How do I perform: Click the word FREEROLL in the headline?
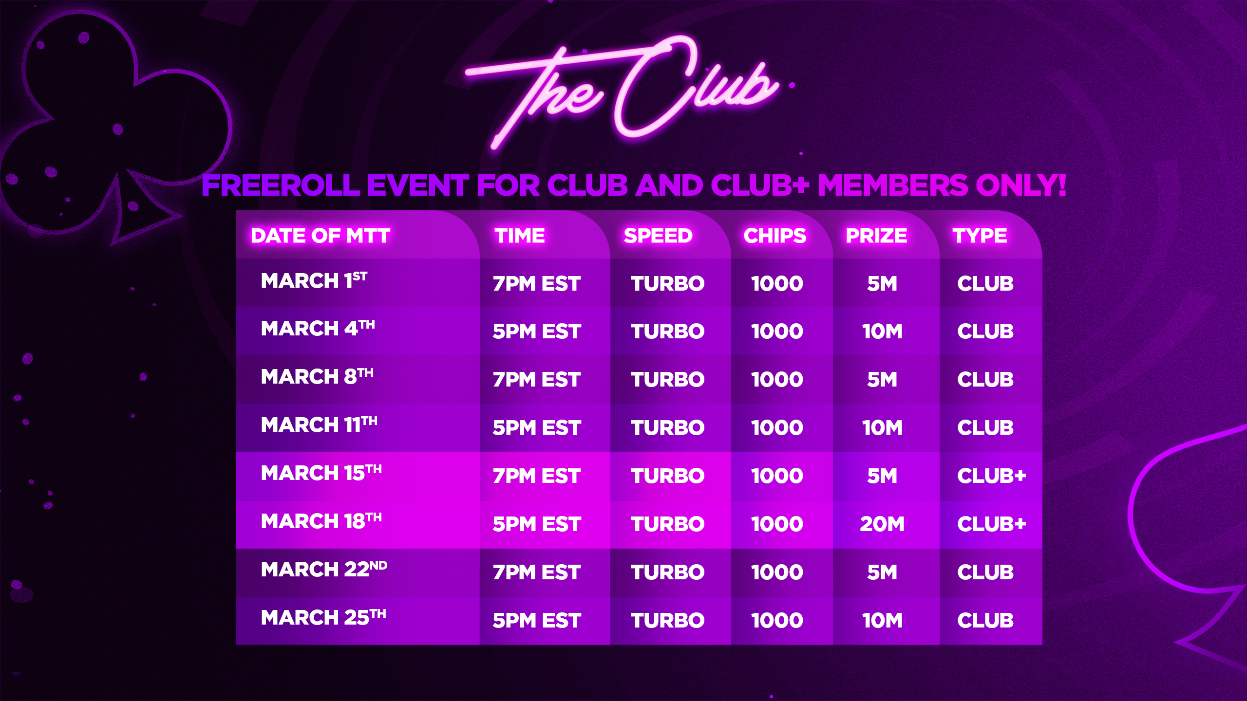pos(281,185)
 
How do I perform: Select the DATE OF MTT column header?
pos(321,236)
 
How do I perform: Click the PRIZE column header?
pos(876,236)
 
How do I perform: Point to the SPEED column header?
pos(658,236)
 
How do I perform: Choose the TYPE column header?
pos(980,236)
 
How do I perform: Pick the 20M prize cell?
pos(882,524)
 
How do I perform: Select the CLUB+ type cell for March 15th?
pos(991,476)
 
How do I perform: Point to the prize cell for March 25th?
pos(882,621)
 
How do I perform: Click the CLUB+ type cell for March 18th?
pos(991,524)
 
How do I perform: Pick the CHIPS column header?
pos(775,236)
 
